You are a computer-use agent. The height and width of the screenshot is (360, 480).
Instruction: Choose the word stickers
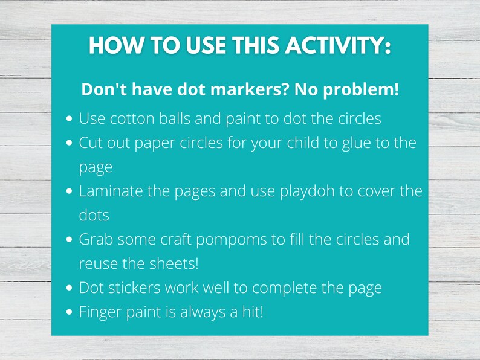click(135, 288)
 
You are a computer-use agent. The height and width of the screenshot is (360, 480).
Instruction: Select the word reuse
click(97, 263)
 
